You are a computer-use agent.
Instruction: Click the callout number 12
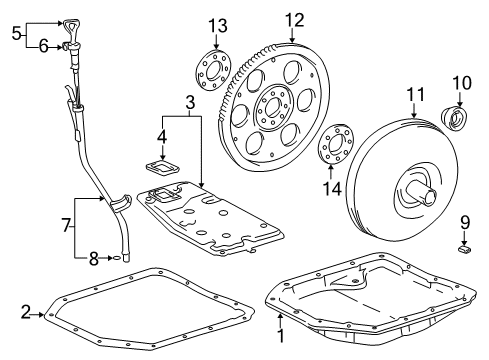[292, 19]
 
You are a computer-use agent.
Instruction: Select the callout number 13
[220, 24]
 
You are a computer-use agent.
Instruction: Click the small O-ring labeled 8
[119, 258]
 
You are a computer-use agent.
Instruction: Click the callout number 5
[14, 32]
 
